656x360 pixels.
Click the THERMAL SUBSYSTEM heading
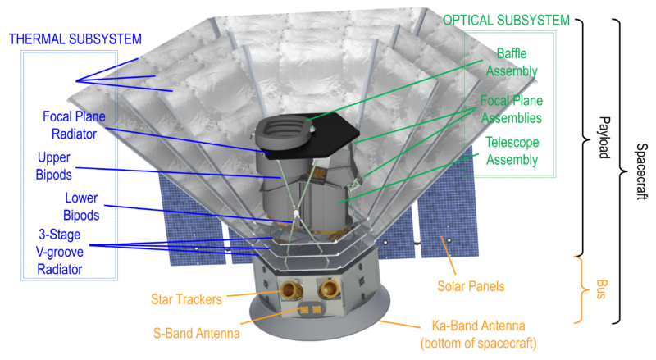pyautogui.click(x=75, y=39)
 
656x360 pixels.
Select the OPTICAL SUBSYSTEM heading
pyautogui.click(x=506, y=21)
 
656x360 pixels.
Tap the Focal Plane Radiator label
pyautogui.click(x=74, y=125)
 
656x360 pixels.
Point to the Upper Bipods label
pyautogui.click(x=54, y=166)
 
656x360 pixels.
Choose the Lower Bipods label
pyautogui.click(x=81, y=207)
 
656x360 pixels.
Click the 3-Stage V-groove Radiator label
pyautogui.click(x=60, y=252)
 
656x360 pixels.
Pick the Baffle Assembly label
pyautogui.click(x=512, y=62)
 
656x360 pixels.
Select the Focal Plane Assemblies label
pyautogui.click(x=511, y=109)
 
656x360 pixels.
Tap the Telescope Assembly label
pyautogui.click(x=512, y=151)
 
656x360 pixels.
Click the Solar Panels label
pyautogui.click(x=471, y=286)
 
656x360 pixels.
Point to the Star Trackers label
pyautogui.click(x=187, y=299)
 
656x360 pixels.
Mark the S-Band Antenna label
pyautogui.click(x=197, y=334)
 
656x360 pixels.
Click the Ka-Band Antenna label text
pyautogui.click(x=479, y=335)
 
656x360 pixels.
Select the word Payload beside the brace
pyautogui.click(x=604, y=138)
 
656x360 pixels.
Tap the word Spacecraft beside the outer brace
pyautogui.click(x=642, y=171)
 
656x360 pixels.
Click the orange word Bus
pyautogui.click(x=601, y=289)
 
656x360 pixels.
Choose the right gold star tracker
pyautogui.click(x=329, y=289)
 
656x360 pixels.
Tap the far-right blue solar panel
pyautogui.click(x=449, y=205)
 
